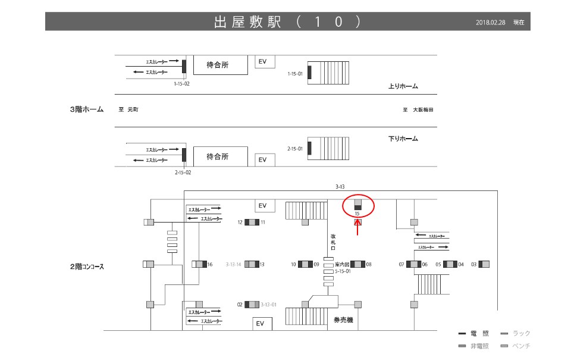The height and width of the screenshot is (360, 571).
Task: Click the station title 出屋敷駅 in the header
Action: pyautogui.click(x=247, y=22)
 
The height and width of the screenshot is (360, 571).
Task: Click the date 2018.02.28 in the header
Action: pyautogui.click(x=491, y=23)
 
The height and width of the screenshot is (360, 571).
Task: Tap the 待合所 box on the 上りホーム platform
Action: pyautogui.click(x=218, y=65)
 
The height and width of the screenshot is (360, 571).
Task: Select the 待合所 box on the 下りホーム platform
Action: pyautogui.click(x=218, y=156)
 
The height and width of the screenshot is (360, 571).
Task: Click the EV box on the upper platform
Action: pyautogui.click(x=263, y=62)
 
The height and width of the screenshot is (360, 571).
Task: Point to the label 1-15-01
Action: pyautogui.click(x=296, y=74)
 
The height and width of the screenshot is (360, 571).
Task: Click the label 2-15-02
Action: pyautogui.click(x=183, y=173)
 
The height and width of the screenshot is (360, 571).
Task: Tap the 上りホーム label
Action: pyautogui.click(x=403, y=86)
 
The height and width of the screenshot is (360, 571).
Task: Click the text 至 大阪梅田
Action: pyautogui.click(x=418, y=110)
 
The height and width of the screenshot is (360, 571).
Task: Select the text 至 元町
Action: pyautogui.click(x=128, y=110)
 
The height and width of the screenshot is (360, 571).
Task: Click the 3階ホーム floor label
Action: pyautogui.click(x=87, y=109)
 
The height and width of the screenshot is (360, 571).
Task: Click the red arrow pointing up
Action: pyautogui.click(x=357, y=228)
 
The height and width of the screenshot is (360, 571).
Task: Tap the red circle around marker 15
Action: pyautogui.click(x=359, y=206)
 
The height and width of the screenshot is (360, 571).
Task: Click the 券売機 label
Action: pyautogui.click(x=343, y=320)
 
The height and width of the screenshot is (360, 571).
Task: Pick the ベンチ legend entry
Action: pyautogui.click(x=516, y=346)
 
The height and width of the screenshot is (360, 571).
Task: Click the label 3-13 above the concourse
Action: pyautogui.click(x=340, y=187)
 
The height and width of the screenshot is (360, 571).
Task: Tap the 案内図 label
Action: pyautogui.click(x=341, y=264)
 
